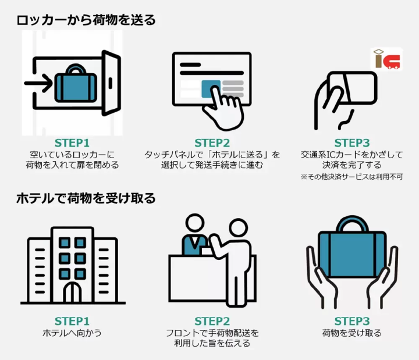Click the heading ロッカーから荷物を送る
tap(86, 20)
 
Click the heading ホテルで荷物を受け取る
tap(86, 198)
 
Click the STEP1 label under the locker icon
tap(72, 143)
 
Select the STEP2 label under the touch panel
tap(212, 143)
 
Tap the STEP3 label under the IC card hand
tap(351, 143)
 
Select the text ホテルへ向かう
tap(72, 333)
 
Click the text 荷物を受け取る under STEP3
tap(351, 333)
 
